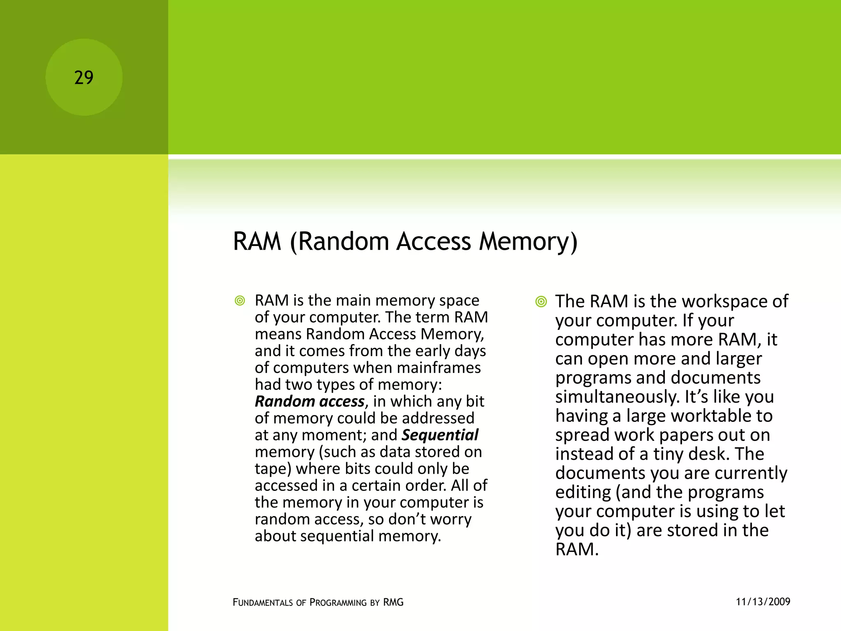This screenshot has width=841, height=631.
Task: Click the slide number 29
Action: [x=84, y=78]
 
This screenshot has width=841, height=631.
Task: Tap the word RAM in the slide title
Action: [x=257, y=241]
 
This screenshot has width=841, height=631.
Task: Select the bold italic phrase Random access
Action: [x=310, y=401]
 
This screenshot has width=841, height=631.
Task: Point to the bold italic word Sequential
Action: [x=440, y=435]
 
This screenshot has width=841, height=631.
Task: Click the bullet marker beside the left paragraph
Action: [x=240, y=301]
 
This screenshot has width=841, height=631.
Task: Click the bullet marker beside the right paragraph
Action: [x=541, y=302]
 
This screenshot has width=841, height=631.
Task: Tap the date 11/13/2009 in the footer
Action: [x=763, y=602]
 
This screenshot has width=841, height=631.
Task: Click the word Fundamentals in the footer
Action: [x=263, y=603]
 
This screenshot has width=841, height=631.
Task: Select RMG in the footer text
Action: [x=393, y=603]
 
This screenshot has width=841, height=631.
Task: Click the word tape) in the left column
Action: [x=273, y=469]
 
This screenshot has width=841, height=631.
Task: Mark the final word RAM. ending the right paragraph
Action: [x=577, y=550]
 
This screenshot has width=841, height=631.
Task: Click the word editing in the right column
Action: [x=583, y=492]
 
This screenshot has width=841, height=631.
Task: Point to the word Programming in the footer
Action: [x=338, y=603]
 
